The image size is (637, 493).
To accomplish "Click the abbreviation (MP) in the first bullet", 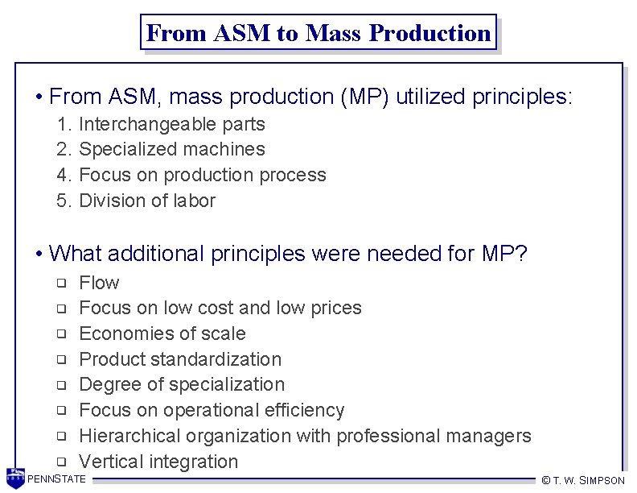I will click(366, 97).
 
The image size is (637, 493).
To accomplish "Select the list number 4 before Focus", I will click(64, 175).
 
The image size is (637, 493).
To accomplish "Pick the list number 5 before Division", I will click(64, 201).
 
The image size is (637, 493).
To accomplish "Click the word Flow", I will click(99, 283).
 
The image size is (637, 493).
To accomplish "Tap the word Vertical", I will click(109, 462).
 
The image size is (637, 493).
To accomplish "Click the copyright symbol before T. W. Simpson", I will click(545, 480).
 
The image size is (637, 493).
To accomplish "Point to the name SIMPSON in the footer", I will click(601, 480).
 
